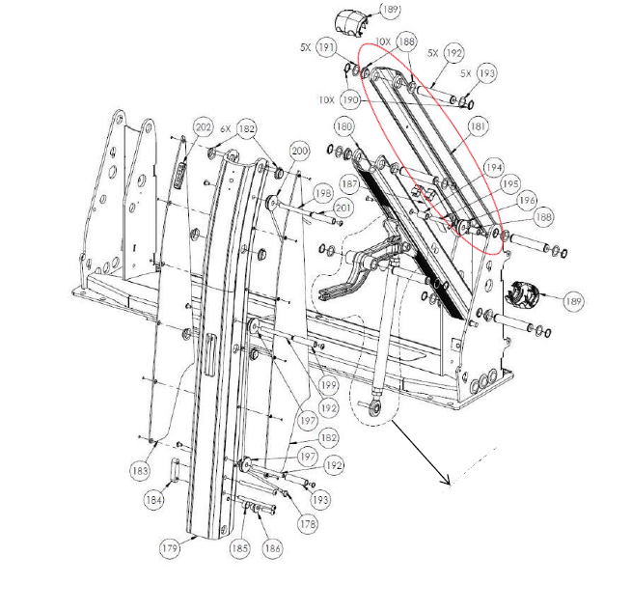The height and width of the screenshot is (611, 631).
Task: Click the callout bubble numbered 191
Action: pos(328,47)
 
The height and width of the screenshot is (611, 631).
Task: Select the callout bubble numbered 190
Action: pos(349,99)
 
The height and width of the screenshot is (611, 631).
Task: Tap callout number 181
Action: pos(477,126)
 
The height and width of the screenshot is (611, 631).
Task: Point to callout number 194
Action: pos(494,166)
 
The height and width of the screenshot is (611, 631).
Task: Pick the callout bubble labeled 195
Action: pos(508,183)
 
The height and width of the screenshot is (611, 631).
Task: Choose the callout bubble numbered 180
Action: pos(343,126)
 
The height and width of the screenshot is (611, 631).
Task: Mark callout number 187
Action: pos(348,183)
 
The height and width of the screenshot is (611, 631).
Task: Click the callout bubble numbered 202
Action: pos(203,127)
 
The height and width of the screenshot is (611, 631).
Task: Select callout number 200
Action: pos(298,151)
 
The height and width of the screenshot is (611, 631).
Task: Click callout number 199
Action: pos(328,384)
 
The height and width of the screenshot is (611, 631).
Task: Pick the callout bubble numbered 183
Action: pos(141,470)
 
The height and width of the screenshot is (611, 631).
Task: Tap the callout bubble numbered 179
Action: pos(171,548)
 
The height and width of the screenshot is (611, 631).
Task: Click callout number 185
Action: pos(240,548)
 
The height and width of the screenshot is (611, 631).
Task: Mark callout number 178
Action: pos(308,524)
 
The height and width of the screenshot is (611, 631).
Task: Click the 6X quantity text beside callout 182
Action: pos(226,128)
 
